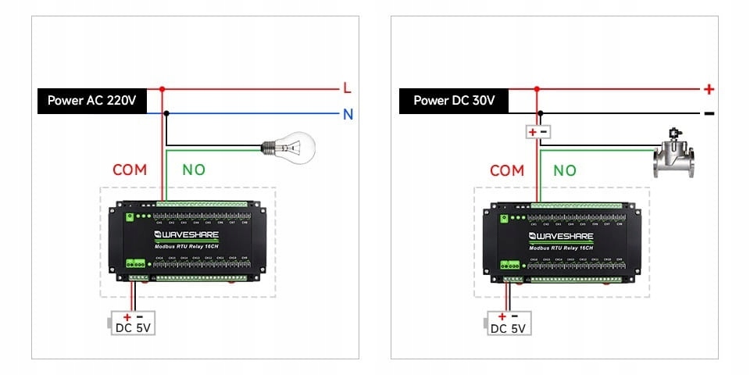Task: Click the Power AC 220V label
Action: pyautogui.click(x=91, y=101)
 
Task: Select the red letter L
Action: pyautogui.click(x=347, y=88)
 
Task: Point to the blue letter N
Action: pyautogui.click(x=348, y=115)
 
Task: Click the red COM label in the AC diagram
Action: pyautogui.click(x=130, y=170)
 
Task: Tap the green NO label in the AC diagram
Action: pyautogui.click(x=194, y=170)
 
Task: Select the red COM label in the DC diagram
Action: pyautogui.click(x=506, y=170)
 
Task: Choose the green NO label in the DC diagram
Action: pyautogui.click(x=565, y=170)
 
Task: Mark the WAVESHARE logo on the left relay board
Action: pyautogui.click(x=187, y=234)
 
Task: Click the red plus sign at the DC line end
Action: pyautogui.click(x=709, y=89)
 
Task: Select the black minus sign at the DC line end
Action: pyautogui.click(x=709, y=113)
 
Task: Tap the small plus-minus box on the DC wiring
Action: pyautogui.click(x=537, y=132)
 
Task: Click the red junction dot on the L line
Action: pyautogui.click(x=162, y=89)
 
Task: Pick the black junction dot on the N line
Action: pyautogui.click(x=166, y=114)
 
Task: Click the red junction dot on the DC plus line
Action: pyautogui.click(x=536, y=89)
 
